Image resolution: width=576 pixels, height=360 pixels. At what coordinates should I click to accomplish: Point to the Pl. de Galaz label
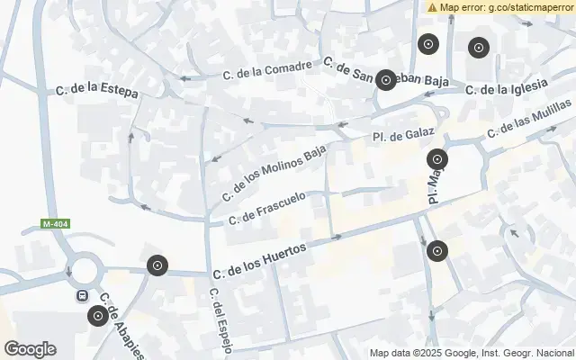point(403,135)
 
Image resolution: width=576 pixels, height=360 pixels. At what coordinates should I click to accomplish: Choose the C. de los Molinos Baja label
point(274,174)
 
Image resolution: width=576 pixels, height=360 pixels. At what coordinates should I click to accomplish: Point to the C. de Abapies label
point(121,326)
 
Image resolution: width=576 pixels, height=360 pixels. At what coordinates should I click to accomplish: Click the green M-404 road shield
point(55,223)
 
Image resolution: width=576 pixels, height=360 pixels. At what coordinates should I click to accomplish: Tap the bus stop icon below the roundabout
point(82,294)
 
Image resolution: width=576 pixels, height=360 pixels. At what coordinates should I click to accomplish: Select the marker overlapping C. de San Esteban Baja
point(386,80)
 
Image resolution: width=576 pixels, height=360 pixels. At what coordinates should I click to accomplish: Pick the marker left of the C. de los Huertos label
point(157,265)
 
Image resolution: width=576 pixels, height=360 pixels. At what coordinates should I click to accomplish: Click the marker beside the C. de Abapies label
point(97,316)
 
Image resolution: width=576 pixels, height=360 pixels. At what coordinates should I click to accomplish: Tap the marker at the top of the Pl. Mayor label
point(437,160)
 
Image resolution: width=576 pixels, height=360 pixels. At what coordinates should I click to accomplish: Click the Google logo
point(30,349)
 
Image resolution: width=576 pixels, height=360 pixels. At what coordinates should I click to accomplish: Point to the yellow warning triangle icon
point(432,6)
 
